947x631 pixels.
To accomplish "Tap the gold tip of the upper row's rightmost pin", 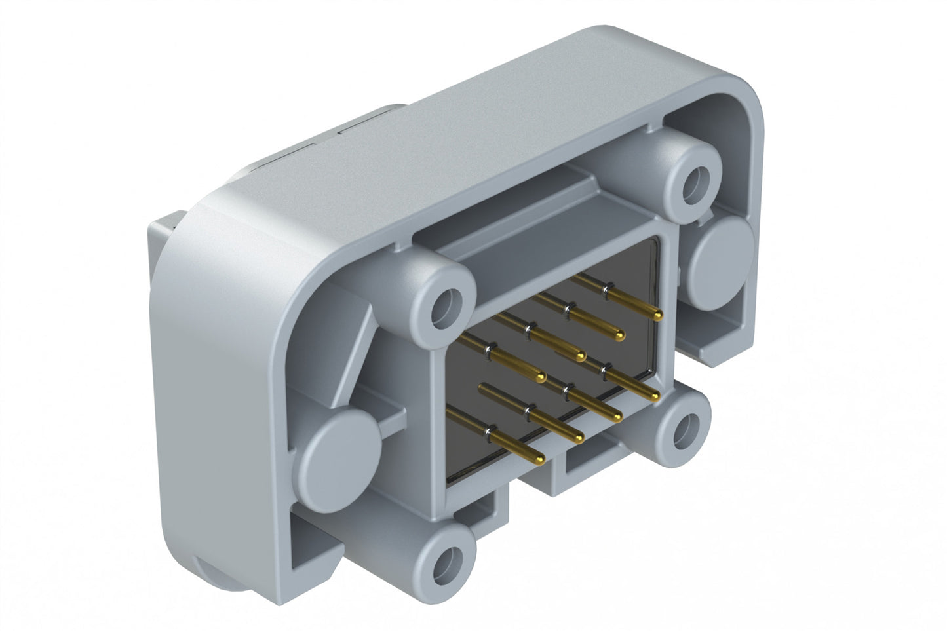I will click(657, 316).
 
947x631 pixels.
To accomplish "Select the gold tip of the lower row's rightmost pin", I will click(655, 396).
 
